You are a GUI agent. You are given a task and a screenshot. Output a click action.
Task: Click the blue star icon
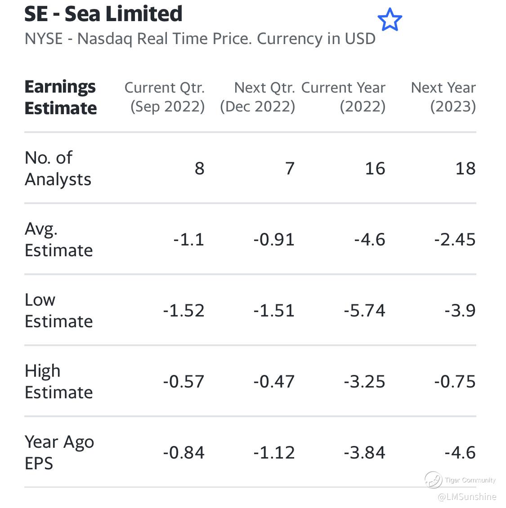coord(390,20)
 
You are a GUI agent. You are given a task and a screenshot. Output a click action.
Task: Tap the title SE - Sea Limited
coord(103,14)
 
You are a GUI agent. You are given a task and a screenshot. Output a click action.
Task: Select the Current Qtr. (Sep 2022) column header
coord(165,97)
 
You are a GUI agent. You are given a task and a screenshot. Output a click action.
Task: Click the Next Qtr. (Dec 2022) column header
coord(258,97)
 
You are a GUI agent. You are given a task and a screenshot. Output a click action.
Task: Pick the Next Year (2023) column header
coord(443,97)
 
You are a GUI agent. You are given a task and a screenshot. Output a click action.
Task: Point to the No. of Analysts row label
coord(58,168)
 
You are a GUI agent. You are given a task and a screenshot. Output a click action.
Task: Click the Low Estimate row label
coord(58,310)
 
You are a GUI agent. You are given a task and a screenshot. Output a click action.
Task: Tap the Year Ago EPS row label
coord(59,452)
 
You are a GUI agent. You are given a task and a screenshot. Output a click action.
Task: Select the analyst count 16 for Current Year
coord(375,169)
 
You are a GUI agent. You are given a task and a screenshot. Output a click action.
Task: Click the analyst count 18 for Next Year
coord(465,169)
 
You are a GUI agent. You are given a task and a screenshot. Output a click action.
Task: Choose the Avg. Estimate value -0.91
coord(274,240)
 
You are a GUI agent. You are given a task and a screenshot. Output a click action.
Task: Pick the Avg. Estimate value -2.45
coord(455,240)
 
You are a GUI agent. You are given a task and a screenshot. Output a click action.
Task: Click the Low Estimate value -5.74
coord(364,311)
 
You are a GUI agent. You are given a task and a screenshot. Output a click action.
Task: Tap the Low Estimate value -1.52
coord(184,311)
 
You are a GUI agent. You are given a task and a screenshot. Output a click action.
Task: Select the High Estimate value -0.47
coord(274,382)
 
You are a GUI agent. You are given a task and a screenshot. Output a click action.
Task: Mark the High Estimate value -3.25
coord(364,382)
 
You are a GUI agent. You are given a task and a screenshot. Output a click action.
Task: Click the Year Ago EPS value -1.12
coord(274,453)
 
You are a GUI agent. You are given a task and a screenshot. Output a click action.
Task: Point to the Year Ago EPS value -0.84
coord(184,453)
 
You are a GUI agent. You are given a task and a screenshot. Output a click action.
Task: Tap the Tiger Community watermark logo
coord(434,480)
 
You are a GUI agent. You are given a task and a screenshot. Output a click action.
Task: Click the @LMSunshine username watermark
coord(466,497)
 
